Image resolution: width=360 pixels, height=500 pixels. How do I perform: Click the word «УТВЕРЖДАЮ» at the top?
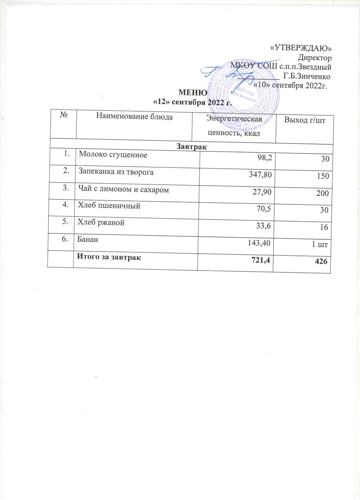301,48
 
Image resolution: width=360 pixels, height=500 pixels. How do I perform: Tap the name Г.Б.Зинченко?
307,76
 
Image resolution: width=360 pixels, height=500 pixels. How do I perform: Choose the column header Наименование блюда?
134,117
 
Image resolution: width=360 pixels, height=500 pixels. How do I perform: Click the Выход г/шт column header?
304,120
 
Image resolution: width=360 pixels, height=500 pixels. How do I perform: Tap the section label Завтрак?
192,146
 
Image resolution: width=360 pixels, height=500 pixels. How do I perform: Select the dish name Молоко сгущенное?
113,154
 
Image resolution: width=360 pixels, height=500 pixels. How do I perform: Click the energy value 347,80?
260,174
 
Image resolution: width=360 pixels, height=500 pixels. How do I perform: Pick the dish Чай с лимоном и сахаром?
123,190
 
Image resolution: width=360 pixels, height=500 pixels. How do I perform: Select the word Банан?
88,240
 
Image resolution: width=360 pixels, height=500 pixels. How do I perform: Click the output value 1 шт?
320,244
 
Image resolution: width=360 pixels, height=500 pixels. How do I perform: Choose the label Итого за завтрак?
109,257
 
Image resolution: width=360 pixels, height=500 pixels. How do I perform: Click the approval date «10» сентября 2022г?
290,85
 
